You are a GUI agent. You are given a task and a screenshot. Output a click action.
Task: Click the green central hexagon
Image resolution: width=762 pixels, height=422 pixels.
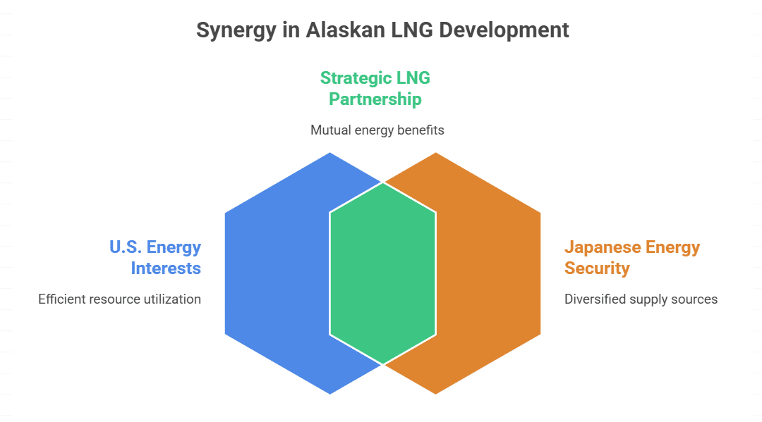point(382,273)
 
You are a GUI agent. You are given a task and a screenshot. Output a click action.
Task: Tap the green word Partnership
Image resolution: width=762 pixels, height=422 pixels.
point(375,99)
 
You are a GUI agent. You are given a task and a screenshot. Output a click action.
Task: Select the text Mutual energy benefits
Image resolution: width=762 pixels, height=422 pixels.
point(377,130)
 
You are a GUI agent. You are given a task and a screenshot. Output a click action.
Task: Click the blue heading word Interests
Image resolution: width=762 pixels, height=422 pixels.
point(166,268)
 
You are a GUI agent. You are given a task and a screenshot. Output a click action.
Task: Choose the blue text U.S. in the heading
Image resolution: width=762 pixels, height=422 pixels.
point(126,247)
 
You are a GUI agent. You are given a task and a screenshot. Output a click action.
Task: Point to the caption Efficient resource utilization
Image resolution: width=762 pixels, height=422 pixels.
point(119,299)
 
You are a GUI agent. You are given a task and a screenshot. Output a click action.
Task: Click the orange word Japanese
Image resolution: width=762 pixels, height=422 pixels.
point(601,247)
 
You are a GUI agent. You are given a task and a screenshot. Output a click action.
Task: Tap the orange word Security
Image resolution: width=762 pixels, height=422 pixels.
point(597,268)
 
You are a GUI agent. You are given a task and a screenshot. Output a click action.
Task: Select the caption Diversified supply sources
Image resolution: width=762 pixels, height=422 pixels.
point(641,299)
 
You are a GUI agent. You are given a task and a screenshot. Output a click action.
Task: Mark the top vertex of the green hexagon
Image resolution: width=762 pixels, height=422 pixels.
point(382,182)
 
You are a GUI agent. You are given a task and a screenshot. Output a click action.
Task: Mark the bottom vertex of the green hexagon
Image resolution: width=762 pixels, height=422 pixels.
point(382,365)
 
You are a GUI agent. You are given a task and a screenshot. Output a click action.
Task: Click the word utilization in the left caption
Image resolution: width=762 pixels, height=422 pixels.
point(171,299)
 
